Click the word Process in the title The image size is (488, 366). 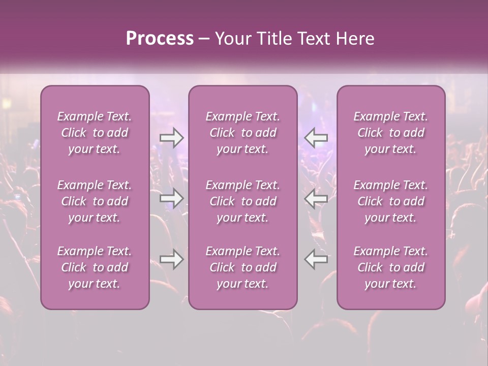tap(160, 39)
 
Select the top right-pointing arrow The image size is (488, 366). tap(171, 137)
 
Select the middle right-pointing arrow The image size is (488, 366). tap(171, 198)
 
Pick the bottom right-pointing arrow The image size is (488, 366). tap(171, 259)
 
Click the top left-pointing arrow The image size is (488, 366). tap(316, 137)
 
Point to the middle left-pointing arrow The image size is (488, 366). tap(316, 198)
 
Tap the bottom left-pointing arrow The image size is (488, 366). tap(316, 259)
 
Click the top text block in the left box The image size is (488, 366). tap(95, 133)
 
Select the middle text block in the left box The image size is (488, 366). tap(95, 201)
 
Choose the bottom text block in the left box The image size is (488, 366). tap(95, 267)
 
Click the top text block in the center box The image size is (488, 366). tap(242, 133)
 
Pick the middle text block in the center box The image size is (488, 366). tap(242, 201)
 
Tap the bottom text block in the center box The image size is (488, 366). tap(242, 267)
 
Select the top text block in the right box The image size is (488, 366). tap(390, 133)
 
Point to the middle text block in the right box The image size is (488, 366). tap(390, 201)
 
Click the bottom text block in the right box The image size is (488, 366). tap(390, 267)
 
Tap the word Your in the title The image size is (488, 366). tap(233, 39)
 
